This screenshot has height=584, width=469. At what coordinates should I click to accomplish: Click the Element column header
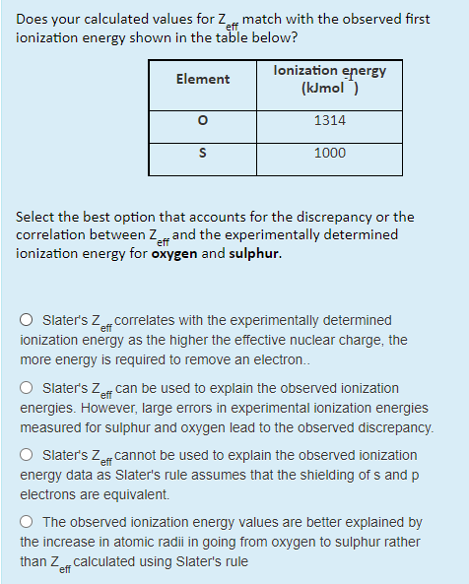[x=202, y=79]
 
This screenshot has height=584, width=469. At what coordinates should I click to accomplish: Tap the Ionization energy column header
[x=329, y=79]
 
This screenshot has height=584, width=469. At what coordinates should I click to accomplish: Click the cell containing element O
[x=202, y=119]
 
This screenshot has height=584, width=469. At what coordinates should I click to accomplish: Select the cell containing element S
[x=202, y=154]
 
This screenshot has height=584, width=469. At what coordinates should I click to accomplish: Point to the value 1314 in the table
[x=329, y=119]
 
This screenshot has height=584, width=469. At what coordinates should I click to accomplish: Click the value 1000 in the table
[x=329, y=154]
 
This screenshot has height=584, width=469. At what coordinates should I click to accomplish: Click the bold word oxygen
[x=172, y=253]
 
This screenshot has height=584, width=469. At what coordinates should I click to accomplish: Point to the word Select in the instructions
[x=38, y=217]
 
